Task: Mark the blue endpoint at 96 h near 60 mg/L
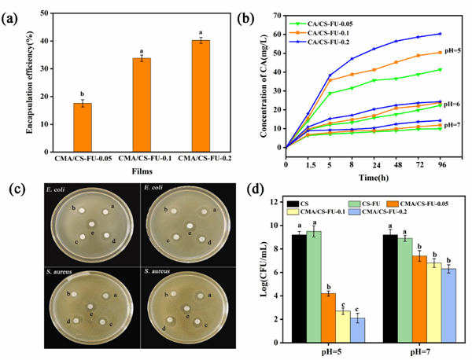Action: (x=441, y=34)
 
